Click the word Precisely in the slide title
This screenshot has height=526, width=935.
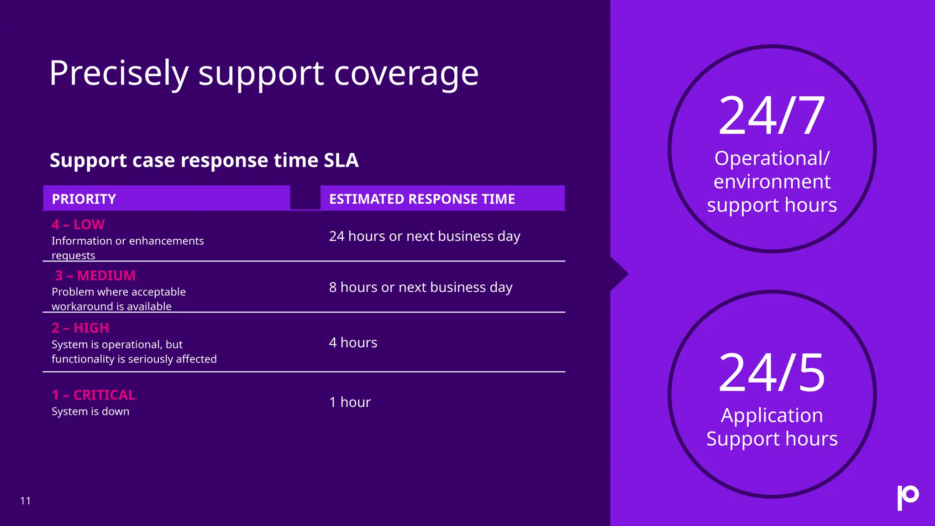point(119,73)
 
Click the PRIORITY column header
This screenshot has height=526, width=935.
point(84,199)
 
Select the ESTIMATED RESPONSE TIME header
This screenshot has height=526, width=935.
point(422,199)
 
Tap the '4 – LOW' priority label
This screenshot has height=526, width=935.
point(78,225)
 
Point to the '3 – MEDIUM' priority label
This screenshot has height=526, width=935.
point(95,276)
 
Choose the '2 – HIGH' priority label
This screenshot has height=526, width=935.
point(80,328)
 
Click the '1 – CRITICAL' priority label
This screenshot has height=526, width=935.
point(94,395)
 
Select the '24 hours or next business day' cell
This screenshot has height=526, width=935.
point(425,237)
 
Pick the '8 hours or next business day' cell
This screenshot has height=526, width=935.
point(420,288)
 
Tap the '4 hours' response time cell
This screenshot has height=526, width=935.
point(353,343)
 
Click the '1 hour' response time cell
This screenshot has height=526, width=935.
point(350,402)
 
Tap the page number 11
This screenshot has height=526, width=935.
point(26,501)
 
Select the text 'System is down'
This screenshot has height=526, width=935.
point(90,411)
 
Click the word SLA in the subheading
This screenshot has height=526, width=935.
point(341,160)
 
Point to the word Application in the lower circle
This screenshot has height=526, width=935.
point(772,416)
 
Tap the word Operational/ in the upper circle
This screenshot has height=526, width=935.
point(772,158)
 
